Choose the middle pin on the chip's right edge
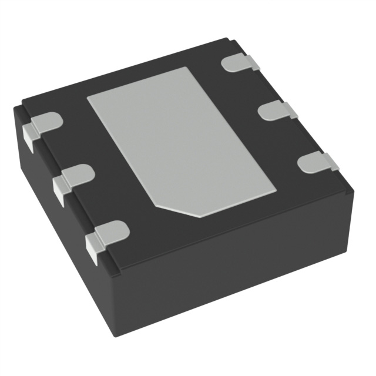(x=276, y=110)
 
